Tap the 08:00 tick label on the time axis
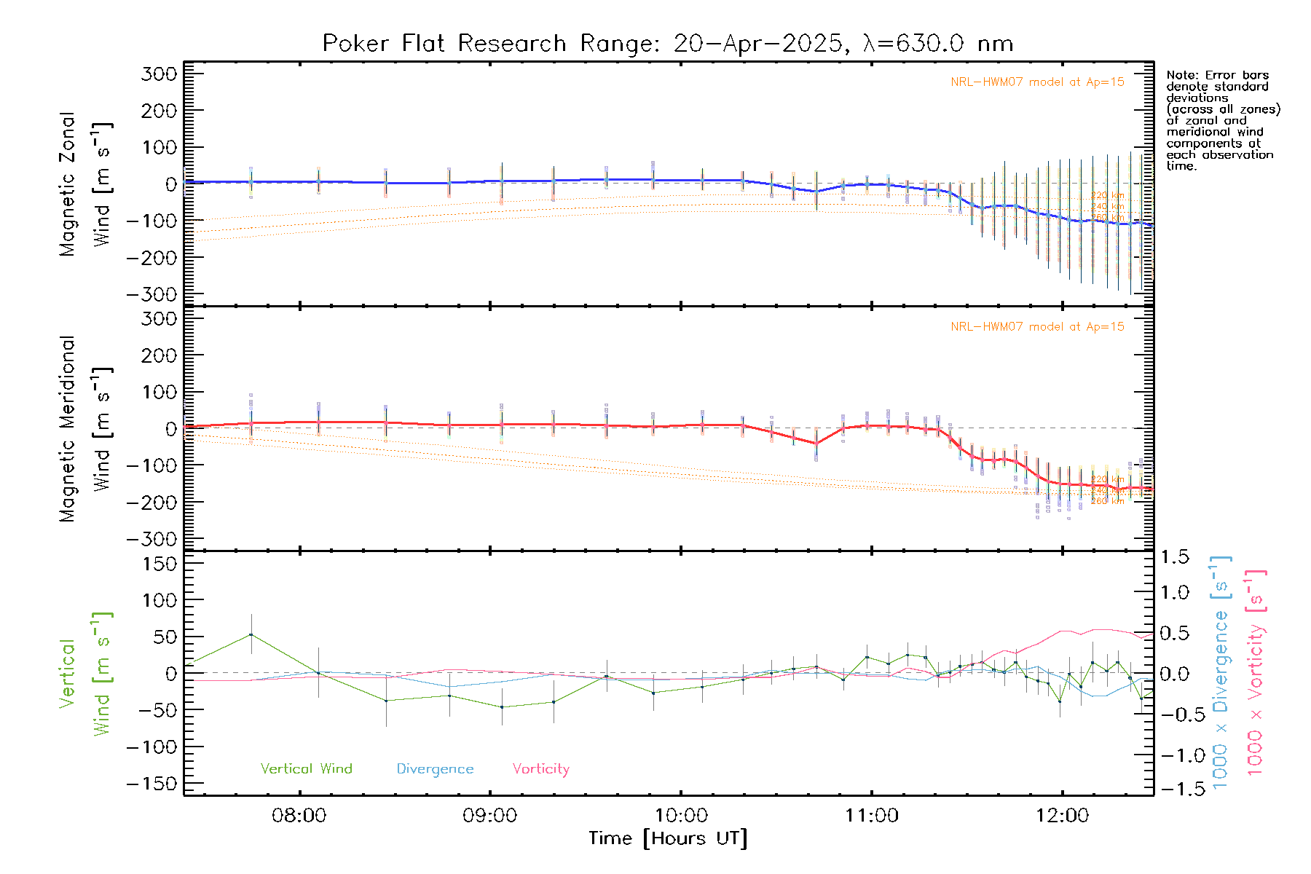299,815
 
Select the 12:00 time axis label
1062,815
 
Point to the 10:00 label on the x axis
680,815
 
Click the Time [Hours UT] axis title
668,838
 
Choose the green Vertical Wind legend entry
306,768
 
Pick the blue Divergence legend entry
435,768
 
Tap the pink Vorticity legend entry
540,768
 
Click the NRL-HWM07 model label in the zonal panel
1037,82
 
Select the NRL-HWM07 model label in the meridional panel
1037,326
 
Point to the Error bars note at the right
1222,120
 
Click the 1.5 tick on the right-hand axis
1175,557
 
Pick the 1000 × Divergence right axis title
1220,672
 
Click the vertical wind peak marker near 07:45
251,634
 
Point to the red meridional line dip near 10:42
816,444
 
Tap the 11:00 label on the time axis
871,815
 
